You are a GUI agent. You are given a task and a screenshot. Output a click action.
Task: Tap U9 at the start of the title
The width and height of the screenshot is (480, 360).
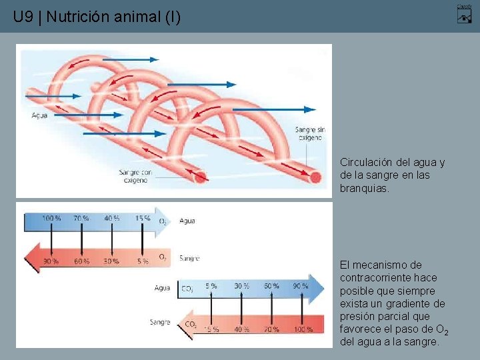tap(23, 17)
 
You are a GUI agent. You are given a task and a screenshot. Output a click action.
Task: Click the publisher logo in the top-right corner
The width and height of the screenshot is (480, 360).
tap(464, 13)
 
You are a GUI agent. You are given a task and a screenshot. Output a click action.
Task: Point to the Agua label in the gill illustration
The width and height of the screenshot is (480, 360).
tap(39, 115)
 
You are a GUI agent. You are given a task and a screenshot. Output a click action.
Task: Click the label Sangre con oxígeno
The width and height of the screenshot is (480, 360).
tap(135, 176)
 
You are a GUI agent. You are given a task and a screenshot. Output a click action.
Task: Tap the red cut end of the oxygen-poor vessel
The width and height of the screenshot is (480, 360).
tap(315, 177)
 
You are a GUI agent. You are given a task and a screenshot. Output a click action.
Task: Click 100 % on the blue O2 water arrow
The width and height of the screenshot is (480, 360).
tap(52, 218)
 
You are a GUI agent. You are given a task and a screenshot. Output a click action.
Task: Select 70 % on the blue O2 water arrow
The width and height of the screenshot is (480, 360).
tap(81, 218)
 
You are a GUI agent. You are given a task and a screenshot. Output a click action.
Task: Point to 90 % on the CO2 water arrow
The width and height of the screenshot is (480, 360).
tap(300, 286)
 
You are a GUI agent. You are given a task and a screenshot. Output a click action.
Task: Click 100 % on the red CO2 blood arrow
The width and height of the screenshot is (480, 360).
tap(303, 329)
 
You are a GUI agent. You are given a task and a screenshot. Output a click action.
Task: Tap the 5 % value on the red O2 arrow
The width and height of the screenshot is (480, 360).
tap(143, 261)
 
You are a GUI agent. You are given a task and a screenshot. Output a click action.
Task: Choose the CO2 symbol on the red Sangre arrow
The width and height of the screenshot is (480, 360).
tap(191, 324)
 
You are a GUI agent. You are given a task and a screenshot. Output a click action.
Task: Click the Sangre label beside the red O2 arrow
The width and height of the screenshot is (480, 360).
tap(189, 258)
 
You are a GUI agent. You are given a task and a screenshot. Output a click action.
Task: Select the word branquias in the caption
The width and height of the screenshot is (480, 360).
tap(363, 189)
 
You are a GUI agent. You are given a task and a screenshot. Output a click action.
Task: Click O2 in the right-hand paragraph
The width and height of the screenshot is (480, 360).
tap(441, 330)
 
